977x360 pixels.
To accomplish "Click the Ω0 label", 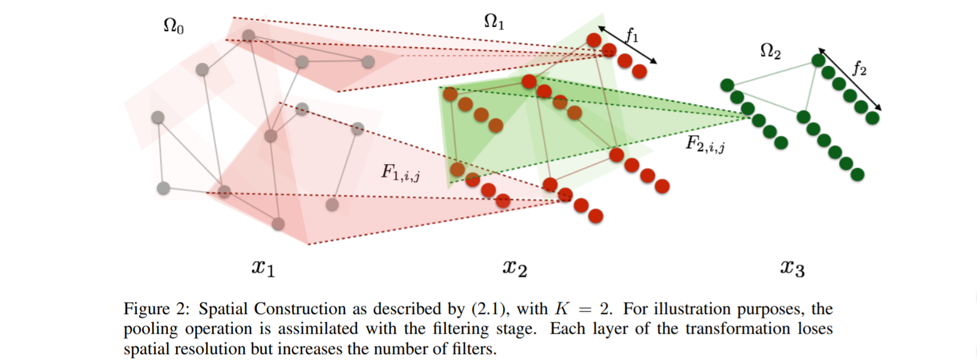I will click(x=173, y=26).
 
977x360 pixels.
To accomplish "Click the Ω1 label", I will click(x=494, y=22).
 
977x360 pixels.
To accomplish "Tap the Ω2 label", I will click(x=770, y=51).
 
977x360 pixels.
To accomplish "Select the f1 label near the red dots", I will click(x=632, y=36).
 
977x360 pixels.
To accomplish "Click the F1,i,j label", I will click(x=400, y=173).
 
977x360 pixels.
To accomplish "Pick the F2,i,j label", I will click(x=705, y=144).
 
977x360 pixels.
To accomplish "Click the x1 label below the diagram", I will click(x=263, y=267).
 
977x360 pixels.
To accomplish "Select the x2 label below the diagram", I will click(x=514, y=267).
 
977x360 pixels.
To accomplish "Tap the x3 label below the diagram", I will click(x=792, y=268).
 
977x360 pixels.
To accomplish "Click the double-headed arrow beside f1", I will click(x=627, y=45).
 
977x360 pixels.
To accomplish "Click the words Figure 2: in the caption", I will click(x=156, y=309).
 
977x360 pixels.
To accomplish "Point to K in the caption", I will click(x=562, y=309).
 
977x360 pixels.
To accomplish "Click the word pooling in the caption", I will click(x=150, y=329).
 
